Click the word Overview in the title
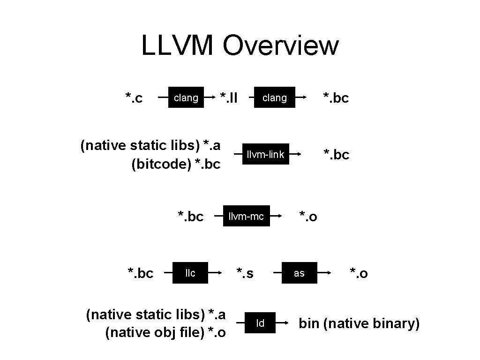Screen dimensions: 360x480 [x=280, y=46]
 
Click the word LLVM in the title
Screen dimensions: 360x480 [x=178, y=46]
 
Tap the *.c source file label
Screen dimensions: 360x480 [x=134, y=98]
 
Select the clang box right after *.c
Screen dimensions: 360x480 [x=186, y=98]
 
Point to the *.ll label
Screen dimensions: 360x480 [x=229, y=98]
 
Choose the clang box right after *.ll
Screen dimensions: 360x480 [x=274, y=98]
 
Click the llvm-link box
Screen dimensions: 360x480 [x=265, y=155]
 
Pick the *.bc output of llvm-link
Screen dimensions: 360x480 [x=336, y=155]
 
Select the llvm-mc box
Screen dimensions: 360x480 [x=246, y=216]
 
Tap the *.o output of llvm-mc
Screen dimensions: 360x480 [x=308, y=217]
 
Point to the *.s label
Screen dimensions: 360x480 [x=245, y=273]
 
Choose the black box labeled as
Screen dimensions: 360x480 [x=299, y=273]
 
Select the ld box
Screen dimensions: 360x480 [x=260, y=323]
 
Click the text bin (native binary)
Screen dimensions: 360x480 [x=359, y=323]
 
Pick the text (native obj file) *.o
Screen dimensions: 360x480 [x=165, y=333]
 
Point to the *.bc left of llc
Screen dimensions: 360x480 [x=141, y=273]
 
